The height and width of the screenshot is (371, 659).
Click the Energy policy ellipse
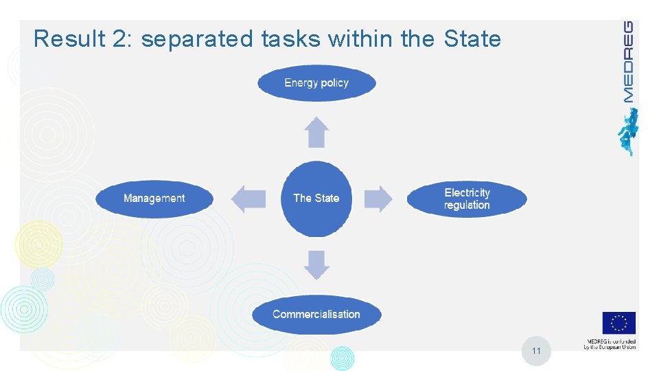pos(316,83)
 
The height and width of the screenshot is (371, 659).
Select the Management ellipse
pos(154,199)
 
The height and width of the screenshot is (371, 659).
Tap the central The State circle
pos(316,199)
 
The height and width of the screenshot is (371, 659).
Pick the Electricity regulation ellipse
pos(467,199)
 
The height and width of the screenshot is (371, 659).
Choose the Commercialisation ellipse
pos(316,315)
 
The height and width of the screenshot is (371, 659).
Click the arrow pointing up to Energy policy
pos(316,133)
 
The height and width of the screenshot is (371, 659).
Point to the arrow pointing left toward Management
pos(248,199)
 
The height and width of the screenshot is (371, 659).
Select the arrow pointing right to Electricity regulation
pos(378,199)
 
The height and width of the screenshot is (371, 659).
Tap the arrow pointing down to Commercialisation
pos(316,265)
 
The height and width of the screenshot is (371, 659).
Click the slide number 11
pos(536,351)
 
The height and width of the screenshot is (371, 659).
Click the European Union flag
pos(618,323)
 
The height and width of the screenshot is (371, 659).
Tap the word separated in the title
pos(197,39)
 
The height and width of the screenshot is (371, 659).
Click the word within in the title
pos(361,39)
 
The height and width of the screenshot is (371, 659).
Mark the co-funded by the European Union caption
pos(610,344)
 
